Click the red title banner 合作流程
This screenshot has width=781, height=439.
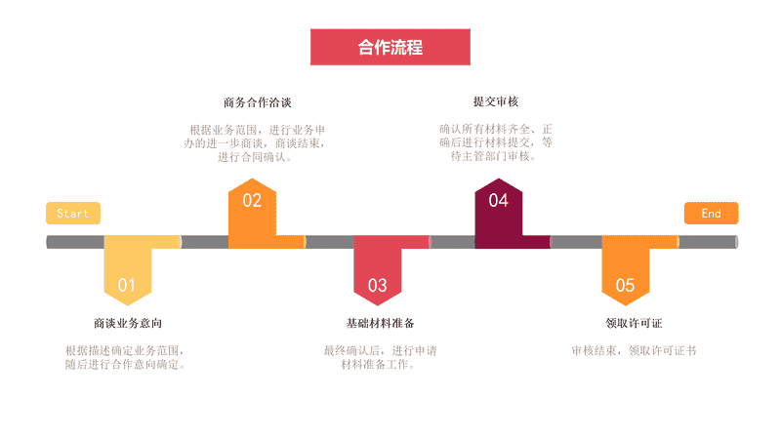point(390,47)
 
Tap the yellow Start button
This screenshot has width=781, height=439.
point(73,213)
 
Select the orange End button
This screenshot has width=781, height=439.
point(711,213)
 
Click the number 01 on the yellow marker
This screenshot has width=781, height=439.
point(127,285)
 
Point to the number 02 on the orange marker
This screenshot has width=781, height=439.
point(252,200)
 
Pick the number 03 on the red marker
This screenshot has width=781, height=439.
point(377,285)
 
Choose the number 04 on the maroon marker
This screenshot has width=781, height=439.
point(498,200)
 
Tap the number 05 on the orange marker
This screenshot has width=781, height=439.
point(625,285)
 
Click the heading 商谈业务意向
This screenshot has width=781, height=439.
point(128,324)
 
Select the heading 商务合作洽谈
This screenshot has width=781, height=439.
point(257,102)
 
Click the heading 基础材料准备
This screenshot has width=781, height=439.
point(380,324)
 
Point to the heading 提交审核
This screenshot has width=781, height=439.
point(496,101)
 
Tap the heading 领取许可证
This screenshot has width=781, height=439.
point(634,324)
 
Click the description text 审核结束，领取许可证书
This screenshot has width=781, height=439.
point(634,351)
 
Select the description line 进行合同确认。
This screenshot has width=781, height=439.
point(255,157)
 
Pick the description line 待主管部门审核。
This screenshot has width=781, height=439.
point(494,156)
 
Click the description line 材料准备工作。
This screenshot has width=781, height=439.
point(378,365)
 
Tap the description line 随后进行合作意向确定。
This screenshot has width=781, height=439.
point(126,365)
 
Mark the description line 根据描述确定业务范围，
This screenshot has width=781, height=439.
point(125,351)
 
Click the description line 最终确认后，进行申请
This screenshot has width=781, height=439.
point(380,351)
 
